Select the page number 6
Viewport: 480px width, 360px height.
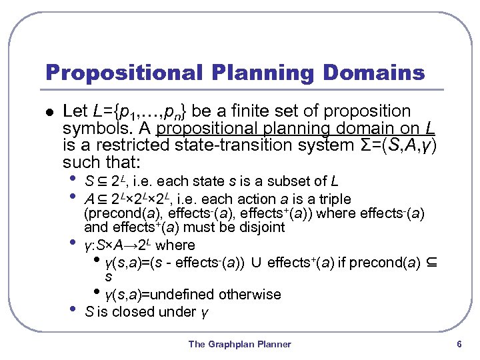[459, 344]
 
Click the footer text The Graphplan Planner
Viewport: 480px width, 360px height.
[239, 344]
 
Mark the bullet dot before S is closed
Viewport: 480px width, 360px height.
[73, 309]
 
